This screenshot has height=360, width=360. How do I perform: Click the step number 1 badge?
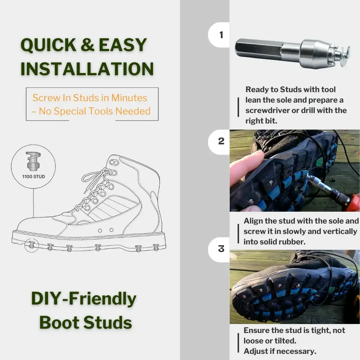click(221, 35)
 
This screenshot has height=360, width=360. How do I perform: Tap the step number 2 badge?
click(221, 141)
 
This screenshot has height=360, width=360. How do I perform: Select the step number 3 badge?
click(221, 249)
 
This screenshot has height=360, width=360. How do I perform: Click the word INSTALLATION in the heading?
click(87, 69)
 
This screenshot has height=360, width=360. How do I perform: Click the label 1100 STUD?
click(33, 177)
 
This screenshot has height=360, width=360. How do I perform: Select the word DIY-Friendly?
click(84, 299)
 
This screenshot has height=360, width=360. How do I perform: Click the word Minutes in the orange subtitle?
click(129, 98)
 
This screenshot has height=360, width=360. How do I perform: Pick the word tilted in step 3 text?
click(281, 341)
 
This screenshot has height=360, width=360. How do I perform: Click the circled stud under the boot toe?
click(31, 246)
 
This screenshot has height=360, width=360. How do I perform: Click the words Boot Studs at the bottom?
click(85, 322)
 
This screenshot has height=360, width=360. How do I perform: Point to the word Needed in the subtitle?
click(133, 111)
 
